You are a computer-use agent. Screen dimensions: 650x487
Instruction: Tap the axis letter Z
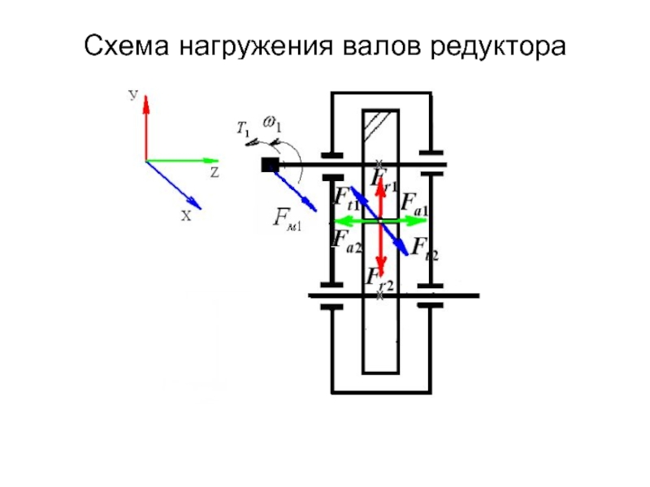click(214, 174)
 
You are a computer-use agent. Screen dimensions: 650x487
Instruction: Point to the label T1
click(243, 127)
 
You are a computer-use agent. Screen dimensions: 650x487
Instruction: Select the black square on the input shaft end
click(270, 166)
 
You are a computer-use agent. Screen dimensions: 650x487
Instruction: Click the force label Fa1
click(414, 202)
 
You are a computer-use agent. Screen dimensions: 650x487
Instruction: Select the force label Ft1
click(347, 197)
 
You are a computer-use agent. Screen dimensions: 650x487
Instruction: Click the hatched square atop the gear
click(379, 123)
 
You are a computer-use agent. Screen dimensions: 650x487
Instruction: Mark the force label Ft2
click(424, 248)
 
